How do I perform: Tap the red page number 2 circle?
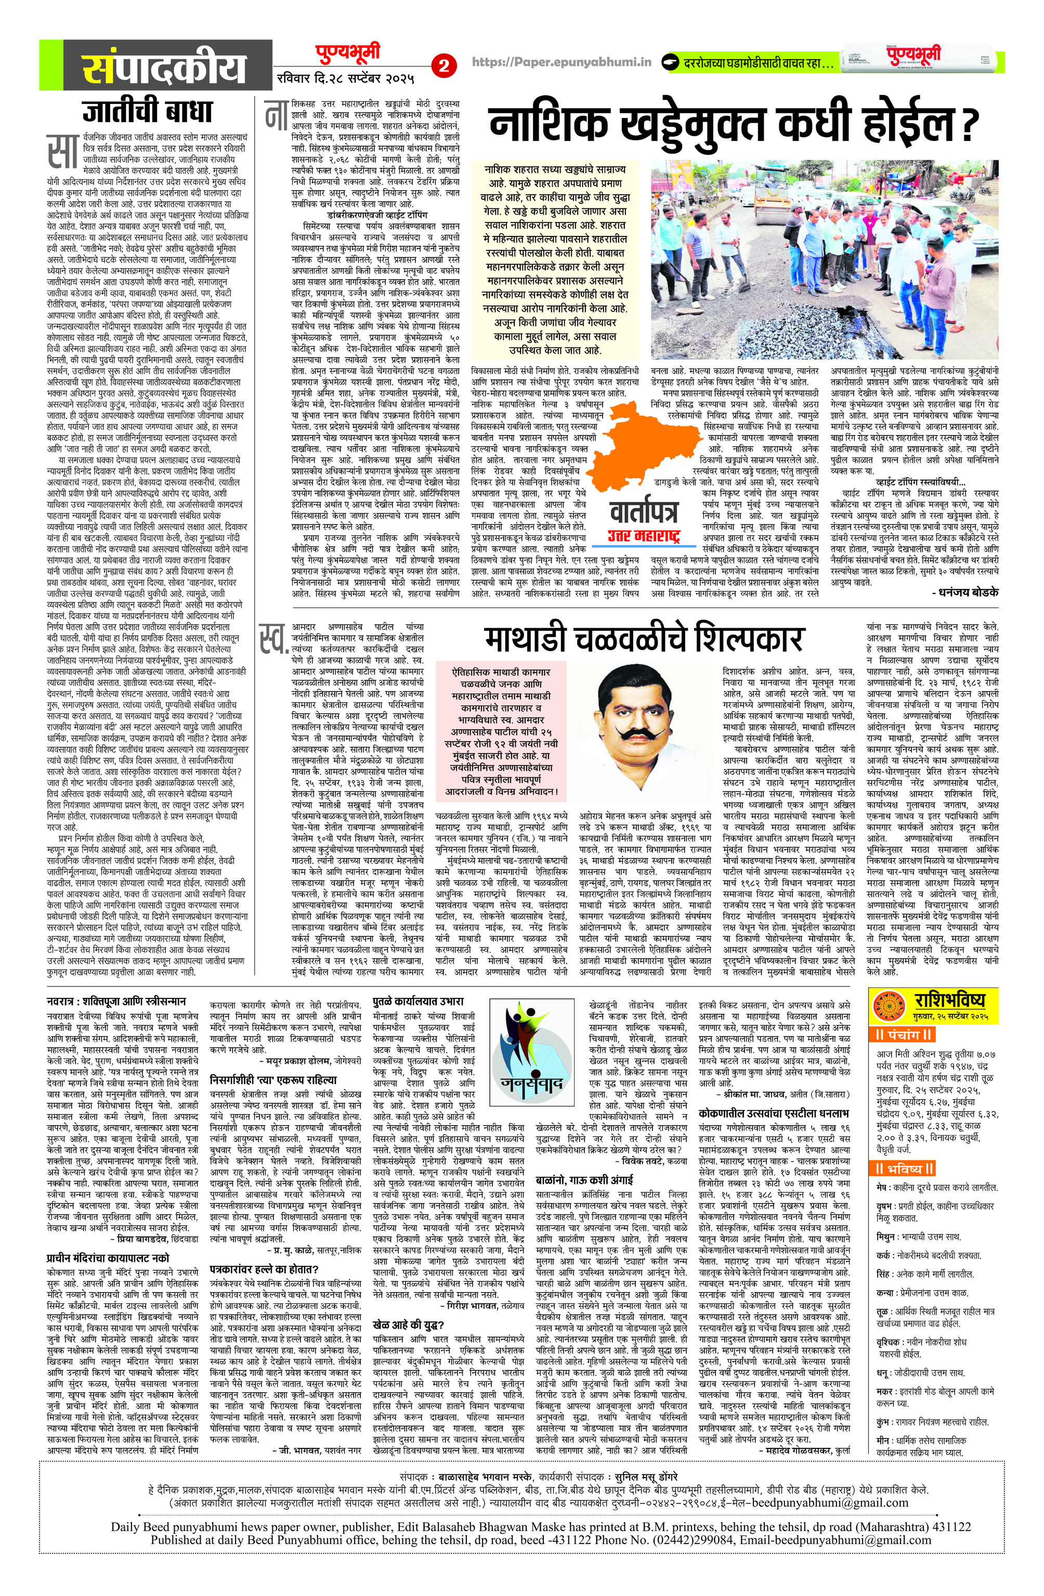(444, 65)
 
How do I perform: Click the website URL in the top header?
(562, 62)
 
